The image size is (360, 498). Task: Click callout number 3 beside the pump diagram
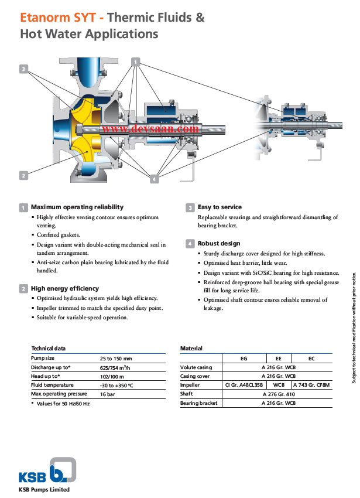(23, 69)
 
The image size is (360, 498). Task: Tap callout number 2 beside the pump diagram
(23, 175)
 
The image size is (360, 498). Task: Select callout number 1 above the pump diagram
(136, 62)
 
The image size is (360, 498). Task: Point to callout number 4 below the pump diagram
(155, 179)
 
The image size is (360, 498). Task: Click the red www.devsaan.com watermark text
(150, 128)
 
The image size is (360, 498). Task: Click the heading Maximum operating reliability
(77, 207)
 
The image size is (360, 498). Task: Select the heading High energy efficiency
(64, 288)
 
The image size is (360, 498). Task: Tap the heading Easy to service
(219, 207)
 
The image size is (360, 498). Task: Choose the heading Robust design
(218, 243)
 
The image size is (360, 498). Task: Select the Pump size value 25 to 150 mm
(116, 358)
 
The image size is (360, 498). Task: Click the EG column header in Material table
(244, 358)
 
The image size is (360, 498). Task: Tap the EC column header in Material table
(311, 358)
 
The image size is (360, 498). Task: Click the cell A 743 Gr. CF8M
(311, 385)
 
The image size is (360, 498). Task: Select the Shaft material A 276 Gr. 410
(277, 394)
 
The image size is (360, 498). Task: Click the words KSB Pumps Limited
(44, 489)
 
